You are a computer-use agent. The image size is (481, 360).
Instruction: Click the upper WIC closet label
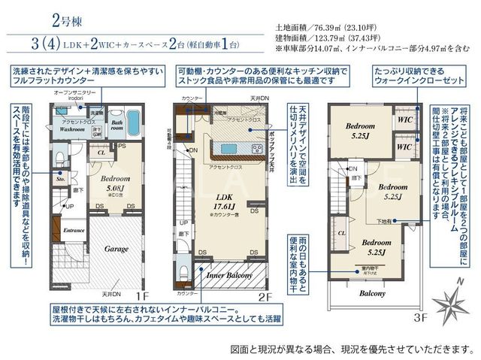pyautogui.click(x=404, y=119)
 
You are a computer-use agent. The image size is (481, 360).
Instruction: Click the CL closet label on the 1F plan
pyautogui.click(x=100, y=150)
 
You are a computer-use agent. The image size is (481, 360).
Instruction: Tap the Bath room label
pyautogui.click(x=117, y=125)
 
